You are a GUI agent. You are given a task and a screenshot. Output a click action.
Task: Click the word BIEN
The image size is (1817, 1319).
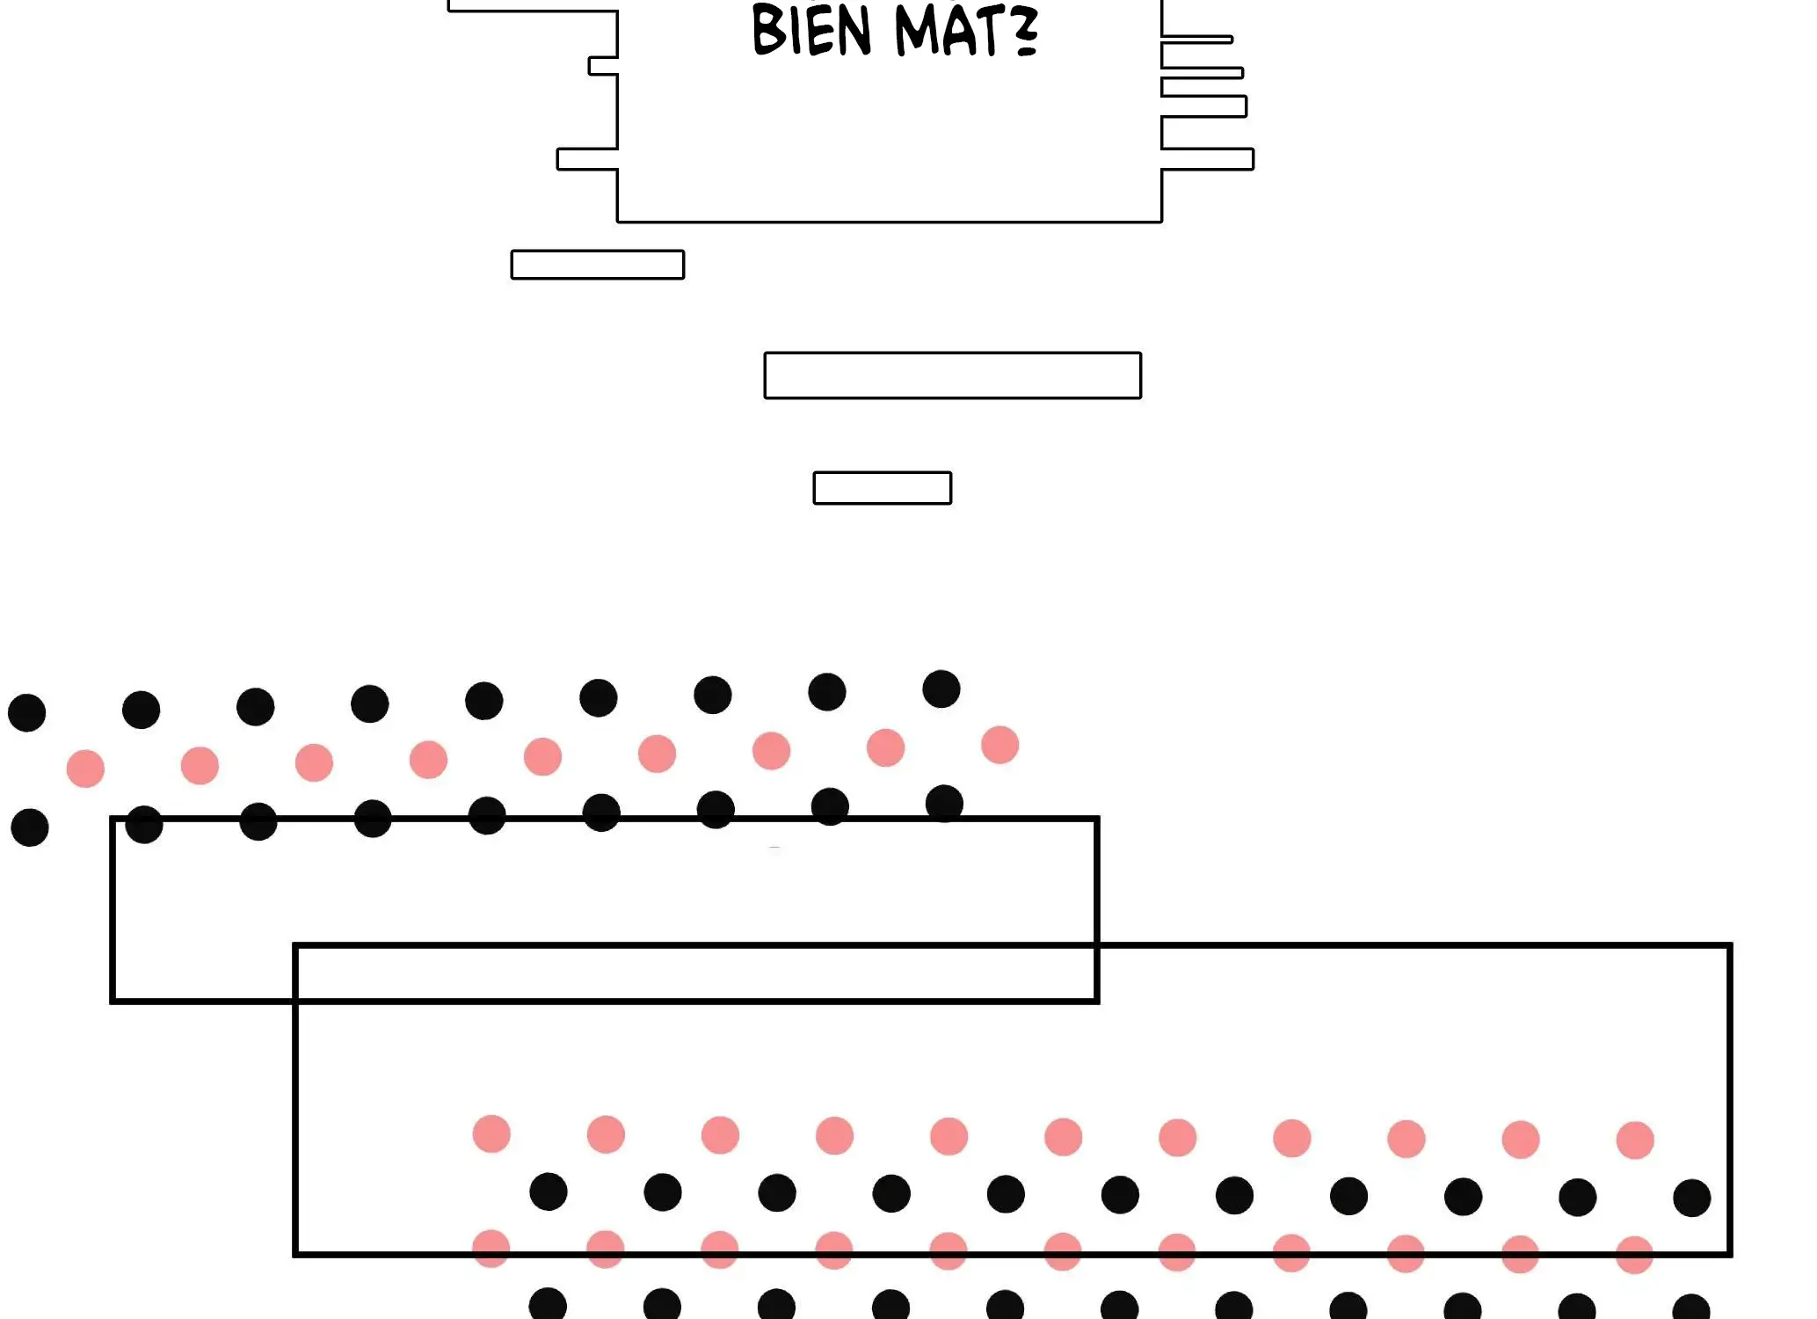811,32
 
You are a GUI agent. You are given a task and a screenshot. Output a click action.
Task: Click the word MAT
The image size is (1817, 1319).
948,32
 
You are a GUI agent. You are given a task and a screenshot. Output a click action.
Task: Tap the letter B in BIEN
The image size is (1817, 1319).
769,32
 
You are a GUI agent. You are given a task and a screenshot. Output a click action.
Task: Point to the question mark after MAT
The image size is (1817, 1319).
1025,32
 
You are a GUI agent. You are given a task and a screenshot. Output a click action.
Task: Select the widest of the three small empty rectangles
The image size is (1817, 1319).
952,375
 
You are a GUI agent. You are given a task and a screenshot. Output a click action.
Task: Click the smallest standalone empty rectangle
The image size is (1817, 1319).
882,488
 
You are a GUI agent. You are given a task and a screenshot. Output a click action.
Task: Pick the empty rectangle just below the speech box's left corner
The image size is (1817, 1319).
597,265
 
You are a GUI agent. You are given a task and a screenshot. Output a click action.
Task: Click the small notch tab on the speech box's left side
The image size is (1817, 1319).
603,66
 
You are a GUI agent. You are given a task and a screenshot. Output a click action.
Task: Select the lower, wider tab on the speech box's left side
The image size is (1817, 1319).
587,159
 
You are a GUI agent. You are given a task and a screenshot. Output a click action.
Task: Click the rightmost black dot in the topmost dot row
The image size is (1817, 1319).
941,689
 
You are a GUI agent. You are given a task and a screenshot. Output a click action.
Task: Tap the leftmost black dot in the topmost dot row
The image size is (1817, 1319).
26,712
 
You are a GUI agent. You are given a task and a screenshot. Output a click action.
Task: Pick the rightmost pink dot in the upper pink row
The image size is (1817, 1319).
999,745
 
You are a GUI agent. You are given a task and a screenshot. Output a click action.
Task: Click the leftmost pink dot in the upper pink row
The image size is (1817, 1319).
85,769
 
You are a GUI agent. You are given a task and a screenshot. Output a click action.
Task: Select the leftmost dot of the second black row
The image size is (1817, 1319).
30,827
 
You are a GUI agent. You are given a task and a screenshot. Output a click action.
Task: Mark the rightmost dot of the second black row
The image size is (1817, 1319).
944,804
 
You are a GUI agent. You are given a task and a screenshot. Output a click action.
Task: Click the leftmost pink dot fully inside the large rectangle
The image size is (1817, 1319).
491,1133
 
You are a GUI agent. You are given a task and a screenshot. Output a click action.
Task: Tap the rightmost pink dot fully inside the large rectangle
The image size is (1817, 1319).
1635,1140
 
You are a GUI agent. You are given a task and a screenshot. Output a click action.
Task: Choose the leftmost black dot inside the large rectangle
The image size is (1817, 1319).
549,1191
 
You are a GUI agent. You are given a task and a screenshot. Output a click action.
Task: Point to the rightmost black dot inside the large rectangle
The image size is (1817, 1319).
1691,1199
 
